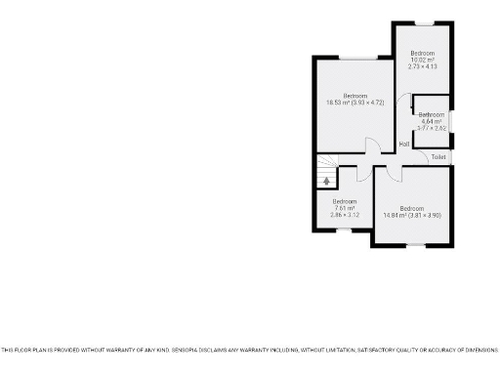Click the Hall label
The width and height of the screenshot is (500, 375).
[404, 145]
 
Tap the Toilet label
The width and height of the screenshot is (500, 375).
[437, 156]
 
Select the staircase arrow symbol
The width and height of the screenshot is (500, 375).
[326, 180]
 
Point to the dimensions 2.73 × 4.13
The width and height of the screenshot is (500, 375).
[422, 65]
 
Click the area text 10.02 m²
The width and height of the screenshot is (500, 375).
[422, 59]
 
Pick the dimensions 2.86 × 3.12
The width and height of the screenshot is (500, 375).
[344, 215]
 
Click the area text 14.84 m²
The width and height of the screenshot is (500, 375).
[395, 215]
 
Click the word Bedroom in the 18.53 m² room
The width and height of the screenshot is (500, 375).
[354, 95]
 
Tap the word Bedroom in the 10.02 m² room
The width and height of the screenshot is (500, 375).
[422, 52]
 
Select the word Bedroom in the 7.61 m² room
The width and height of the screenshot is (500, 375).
[344, 201]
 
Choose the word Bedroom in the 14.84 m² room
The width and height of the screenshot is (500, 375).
[411, 208]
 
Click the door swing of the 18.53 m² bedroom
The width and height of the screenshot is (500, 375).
[372, 146]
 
